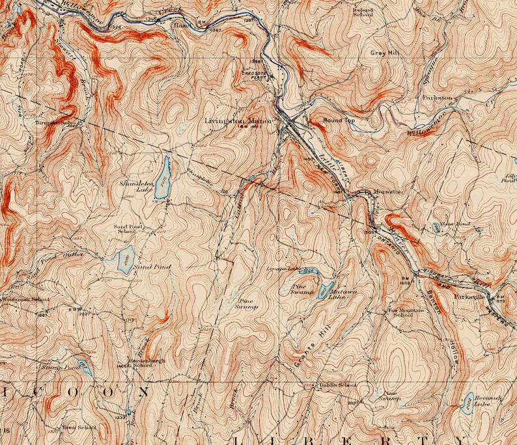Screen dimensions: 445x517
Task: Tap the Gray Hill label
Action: click(384, 53)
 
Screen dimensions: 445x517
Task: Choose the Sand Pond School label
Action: click(128, 228)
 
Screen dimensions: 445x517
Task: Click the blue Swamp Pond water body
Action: click(84, 367)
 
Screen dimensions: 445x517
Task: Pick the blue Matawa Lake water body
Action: click(325, 288)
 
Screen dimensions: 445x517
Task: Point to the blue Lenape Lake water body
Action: click(308, 271)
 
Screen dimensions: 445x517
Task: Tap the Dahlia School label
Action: click(337, 385)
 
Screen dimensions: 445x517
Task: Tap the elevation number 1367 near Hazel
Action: click(214, 31)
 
